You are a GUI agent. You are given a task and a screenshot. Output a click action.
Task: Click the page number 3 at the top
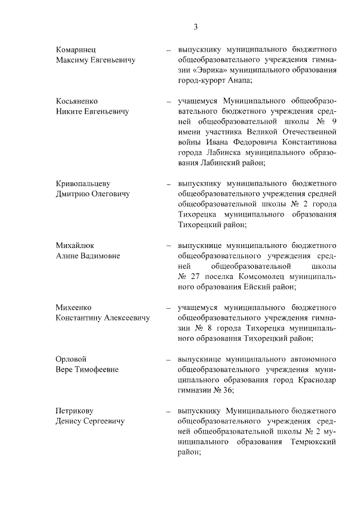(196, 26)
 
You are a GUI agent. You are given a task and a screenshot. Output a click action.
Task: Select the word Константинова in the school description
(303, 142)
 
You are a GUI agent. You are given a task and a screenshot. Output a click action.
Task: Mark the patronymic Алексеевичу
(125, 318)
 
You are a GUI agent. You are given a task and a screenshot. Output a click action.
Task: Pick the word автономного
(308, 359)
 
